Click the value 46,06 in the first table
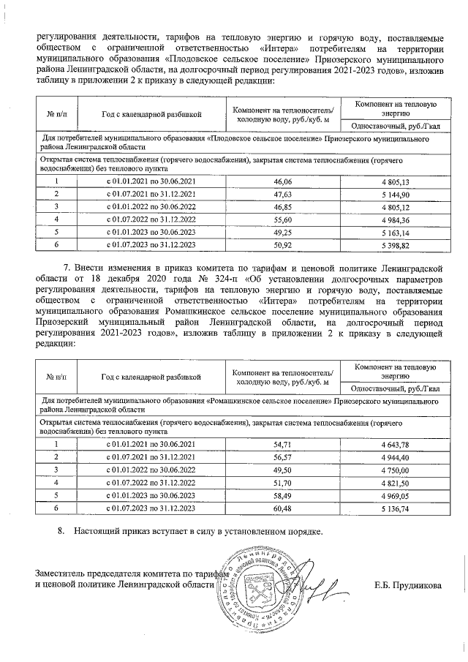(282, 181)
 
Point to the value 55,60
(282, 220)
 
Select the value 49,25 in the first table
(282, 233)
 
